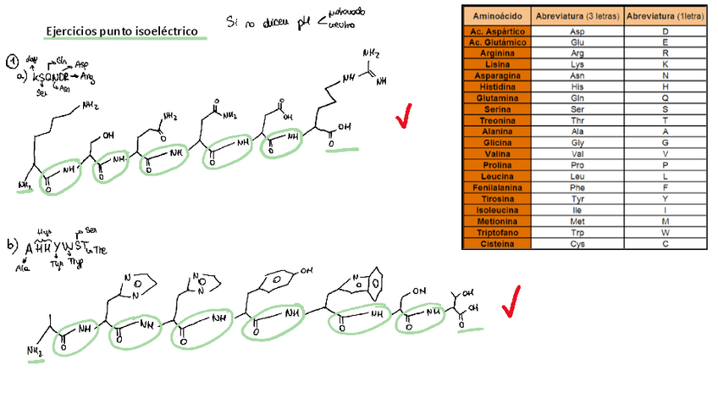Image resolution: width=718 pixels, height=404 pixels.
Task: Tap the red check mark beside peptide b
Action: coord(511,302)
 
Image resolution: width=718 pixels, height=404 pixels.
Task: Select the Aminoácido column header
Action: coord(496,15)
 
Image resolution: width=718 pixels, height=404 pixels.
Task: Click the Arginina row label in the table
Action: coord(496,53)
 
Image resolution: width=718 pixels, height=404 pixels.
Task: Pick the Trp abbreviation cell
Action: coord(577,233)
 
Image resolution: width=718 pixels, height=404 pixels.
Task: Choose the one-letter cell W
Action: coord(666,233)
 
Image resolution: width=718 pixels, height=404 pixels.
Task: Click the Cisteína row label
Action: coord(496,244)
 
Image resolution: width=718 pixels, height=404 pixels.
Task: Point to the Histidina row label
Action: coord(496,86)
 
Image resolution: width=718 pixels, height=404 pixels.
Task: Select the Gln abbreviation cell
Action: coord(577,97)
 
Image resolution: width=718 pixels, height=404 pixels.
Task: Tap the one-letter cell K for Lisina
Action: coord(666,64)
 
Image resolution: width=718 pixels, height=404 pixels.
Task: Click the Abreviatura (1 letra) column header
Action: coord(666,15)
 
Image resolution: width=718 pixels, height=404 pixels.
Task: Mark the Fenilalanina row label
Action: coord(496,187)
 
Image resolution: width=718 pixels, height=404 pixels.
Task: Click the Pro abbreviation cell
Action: coord(577,165)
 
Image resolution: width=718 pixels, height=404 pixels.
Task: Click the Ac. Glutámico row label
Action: coord(496,42)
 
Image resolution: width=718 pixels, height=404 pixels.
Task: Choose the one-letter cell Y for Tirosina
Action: coord(666,199)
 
